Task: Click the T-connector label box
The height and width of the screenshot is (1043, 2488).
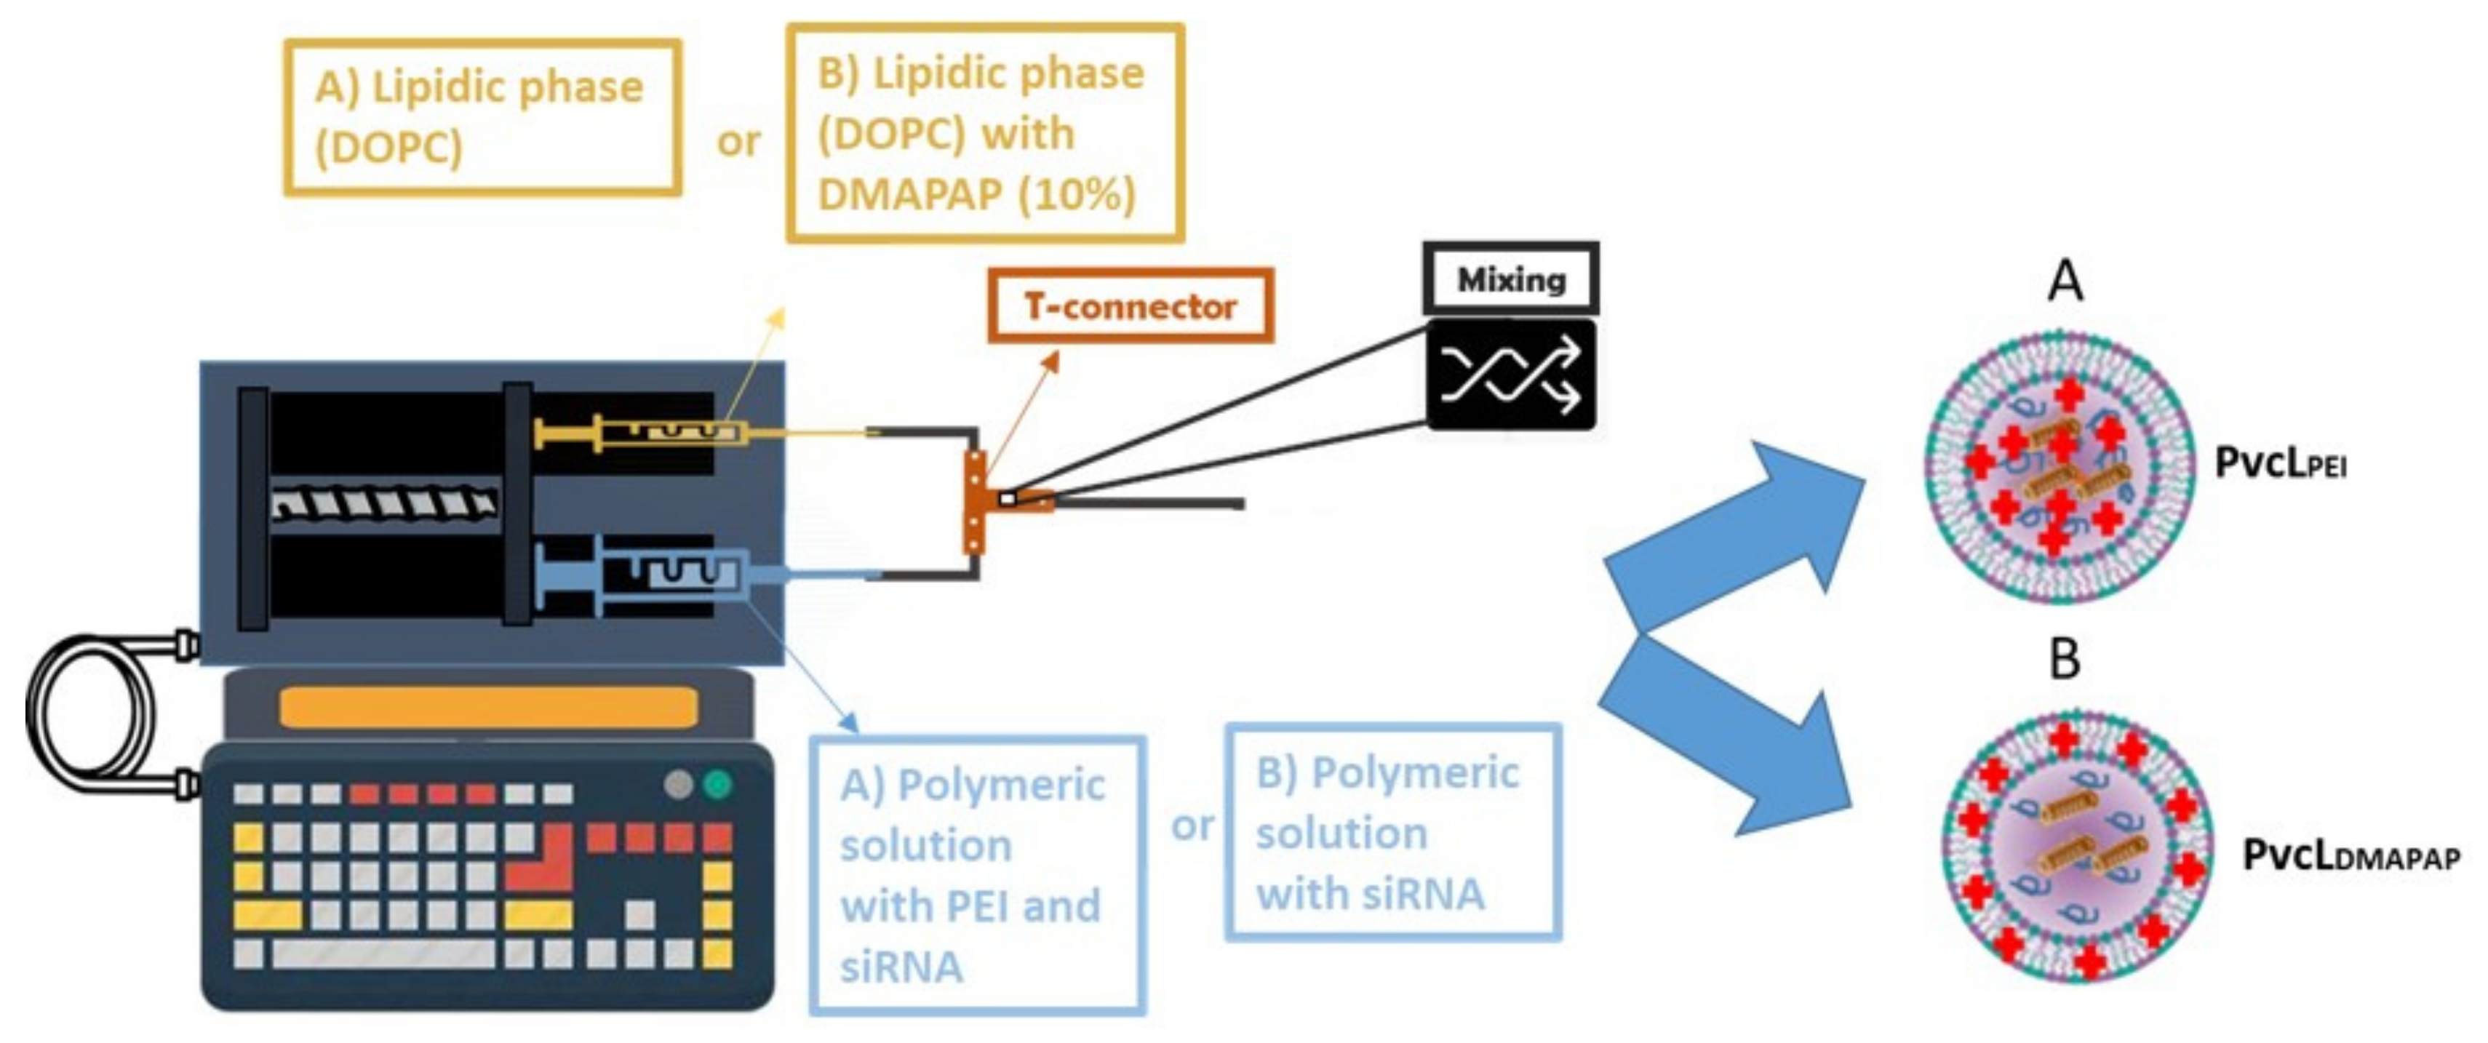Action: pyautogui.click(x=1130, y=306)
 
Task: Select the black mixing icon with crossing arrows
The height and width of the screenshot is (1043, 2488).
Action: pyautogui.click(x=1510, y=376)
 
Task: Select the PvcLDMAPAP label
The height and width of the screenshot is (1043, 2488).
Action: pyautogui.click(x=2349, y=855)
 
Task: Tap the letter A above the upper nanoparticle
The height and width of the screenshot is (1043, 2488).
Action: pyautogui.click(x=2065, y=282)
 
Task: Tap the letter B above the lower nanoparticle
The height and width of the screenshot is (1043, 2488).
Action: pyautogui.click(x=2064, y=660)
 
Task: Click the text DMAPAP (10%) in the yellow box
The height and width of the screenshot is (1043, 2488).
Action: pyautogui.click(x=976, y=194)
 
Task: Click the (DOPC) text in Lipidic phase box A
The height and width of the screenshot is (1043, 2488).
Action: pyautogui.click(x=388, y=148)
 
